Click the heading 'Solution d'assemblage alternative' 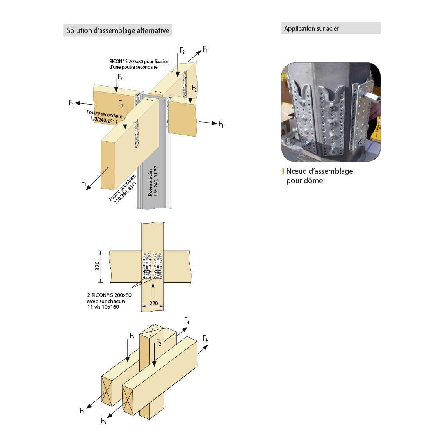click(117, 30)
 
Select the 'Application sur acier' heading click(311, 28)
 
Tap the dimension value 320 click(97, 266)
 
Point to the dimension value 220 click(154, 303)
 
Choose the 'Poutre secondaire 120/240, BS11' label click(104, 117)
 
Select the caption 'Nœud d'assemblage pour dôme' click(319, 176)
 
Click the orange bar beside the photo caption click(283, 171)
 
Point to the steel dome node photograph click(331, 112)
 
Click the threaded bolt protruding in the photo click(372, 95)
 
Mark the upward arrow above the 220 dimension click(153, 291)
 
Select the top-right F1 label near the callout click(205, 50)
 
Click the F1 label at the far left click(71, 103)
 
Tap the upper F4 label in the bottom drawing click(187, 321)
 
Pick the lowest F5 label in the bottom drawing click(103, 421)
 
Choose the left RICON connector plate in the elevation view click(147, 266)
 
